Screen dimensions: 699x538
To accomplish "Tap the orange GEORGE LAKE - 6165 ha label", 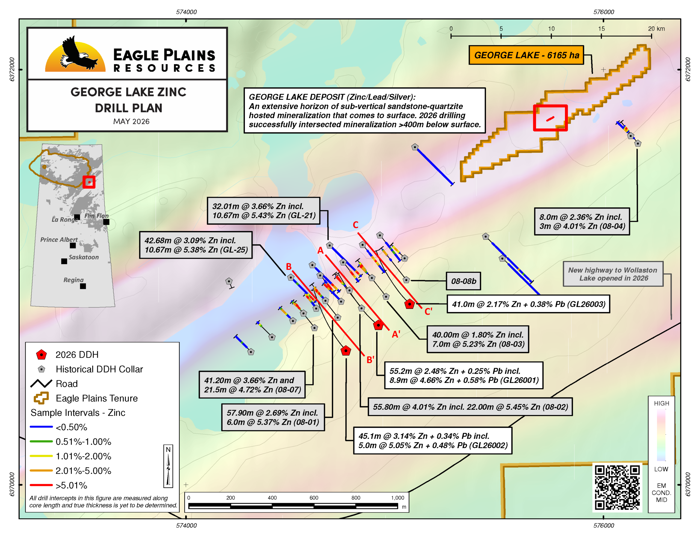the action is (x=526, y=55).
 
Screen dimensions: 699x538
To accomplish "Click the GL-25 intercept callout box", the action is (x=196, y=245).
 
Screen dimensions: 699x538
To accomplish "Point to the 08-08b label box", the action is (x=463, y=281).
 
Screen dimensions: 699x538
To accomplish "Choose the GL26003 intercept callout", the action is (x=528, y=304).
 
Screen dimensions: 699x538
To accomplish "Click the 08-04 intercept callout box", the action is (x=582, y=221).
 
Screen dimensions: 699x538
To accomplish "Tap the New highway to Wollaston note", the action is (x=613, y=274).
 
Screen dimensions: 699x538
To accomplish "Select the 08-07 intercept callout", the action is (x=252, y=385).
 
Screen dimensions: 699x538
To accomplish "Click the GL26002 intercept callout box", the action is (x=433, y=440).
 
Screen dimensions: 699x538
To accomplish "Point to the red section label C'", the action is (x=428, y=311).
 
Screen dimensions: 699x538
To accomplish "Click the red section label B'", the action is (x=370, y=360).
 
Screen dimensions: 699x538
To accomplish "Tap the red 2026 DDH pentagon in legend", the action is (x=41, y=355).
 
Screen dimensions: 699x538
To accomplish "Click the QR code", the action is (x=617, y=488).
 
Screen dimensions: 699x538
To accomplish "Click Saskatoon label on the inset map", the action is (x=84, y=257).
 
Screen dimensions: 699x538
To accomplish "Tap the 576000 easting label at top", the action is (x=604, y=12).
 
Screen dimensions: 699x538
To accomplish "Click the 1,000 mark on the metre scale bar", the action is (x=398, y=498).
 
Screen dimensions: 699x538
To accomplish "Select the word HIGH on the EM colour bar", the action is (x=661, y=403).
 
